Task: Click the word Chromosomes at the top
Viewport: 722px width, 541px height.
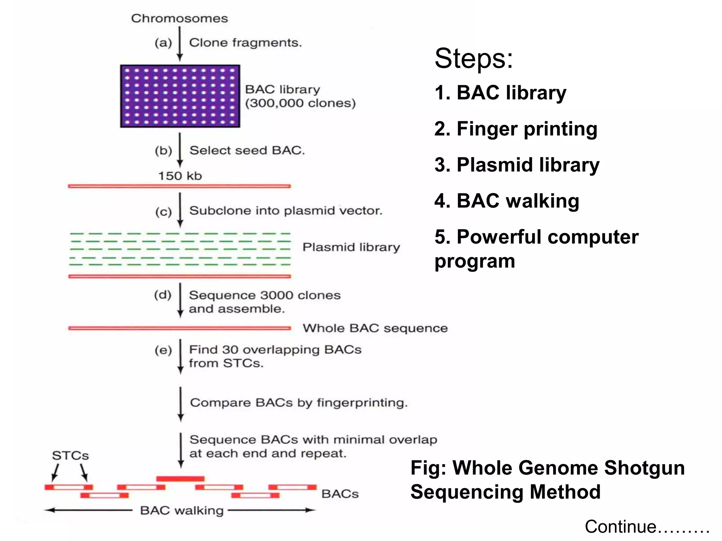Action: click(x=179, y=18)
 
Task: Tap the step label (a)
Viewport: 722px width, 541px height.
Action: click(x=163, y=43)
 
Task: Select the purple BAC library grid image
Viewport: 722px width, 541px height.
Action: click(x=180, y=96)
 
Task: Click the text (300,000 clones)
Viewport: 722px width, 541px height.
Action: click(x=300, y=103)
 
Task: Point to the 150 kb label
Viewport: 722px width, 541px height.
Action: click(x=180, y=176)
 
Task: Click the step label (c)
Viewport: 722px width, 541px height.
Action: click(x=164, y=212)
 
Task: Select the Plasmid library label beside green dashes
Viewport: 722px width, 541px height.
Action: click(x=351, y=247)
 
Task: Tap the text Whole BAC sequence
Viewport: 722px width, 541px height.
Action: click(x=375, y=328)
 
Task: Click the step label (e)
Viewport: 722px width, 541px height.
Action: click(x=163, y=350)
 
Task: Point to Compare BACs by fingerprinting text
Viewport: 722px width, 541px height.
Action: click(x=299, y=403)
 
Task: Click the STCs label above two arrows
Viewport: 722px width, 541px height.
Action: click(x=71, y=456)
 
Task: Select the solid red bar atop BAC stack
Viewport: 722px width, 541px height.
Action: click(x=180, y=479)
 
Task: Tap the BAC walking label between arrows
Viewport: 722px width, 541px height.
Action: click(x=182, y=510)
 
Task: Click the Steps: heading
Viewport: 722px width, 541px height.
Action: click(x=473, y=58)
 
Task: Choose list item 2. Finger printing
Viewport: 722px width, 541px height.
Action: click(x=516, y=129)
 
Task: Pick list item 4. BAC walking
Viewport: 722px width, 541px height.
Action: click(x=507, y=201)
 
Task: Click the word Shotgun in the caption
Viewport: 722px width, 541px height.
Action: click(x=644, y=468)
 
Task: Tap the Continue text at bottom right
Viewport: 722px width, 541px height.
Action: click(x=647, y=527)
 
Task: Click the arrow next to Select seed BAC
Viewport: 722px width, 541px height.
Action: click(x=180, y=150)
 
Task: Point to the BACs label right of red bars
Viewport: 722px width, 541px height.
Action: click(x=340, y=494)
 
